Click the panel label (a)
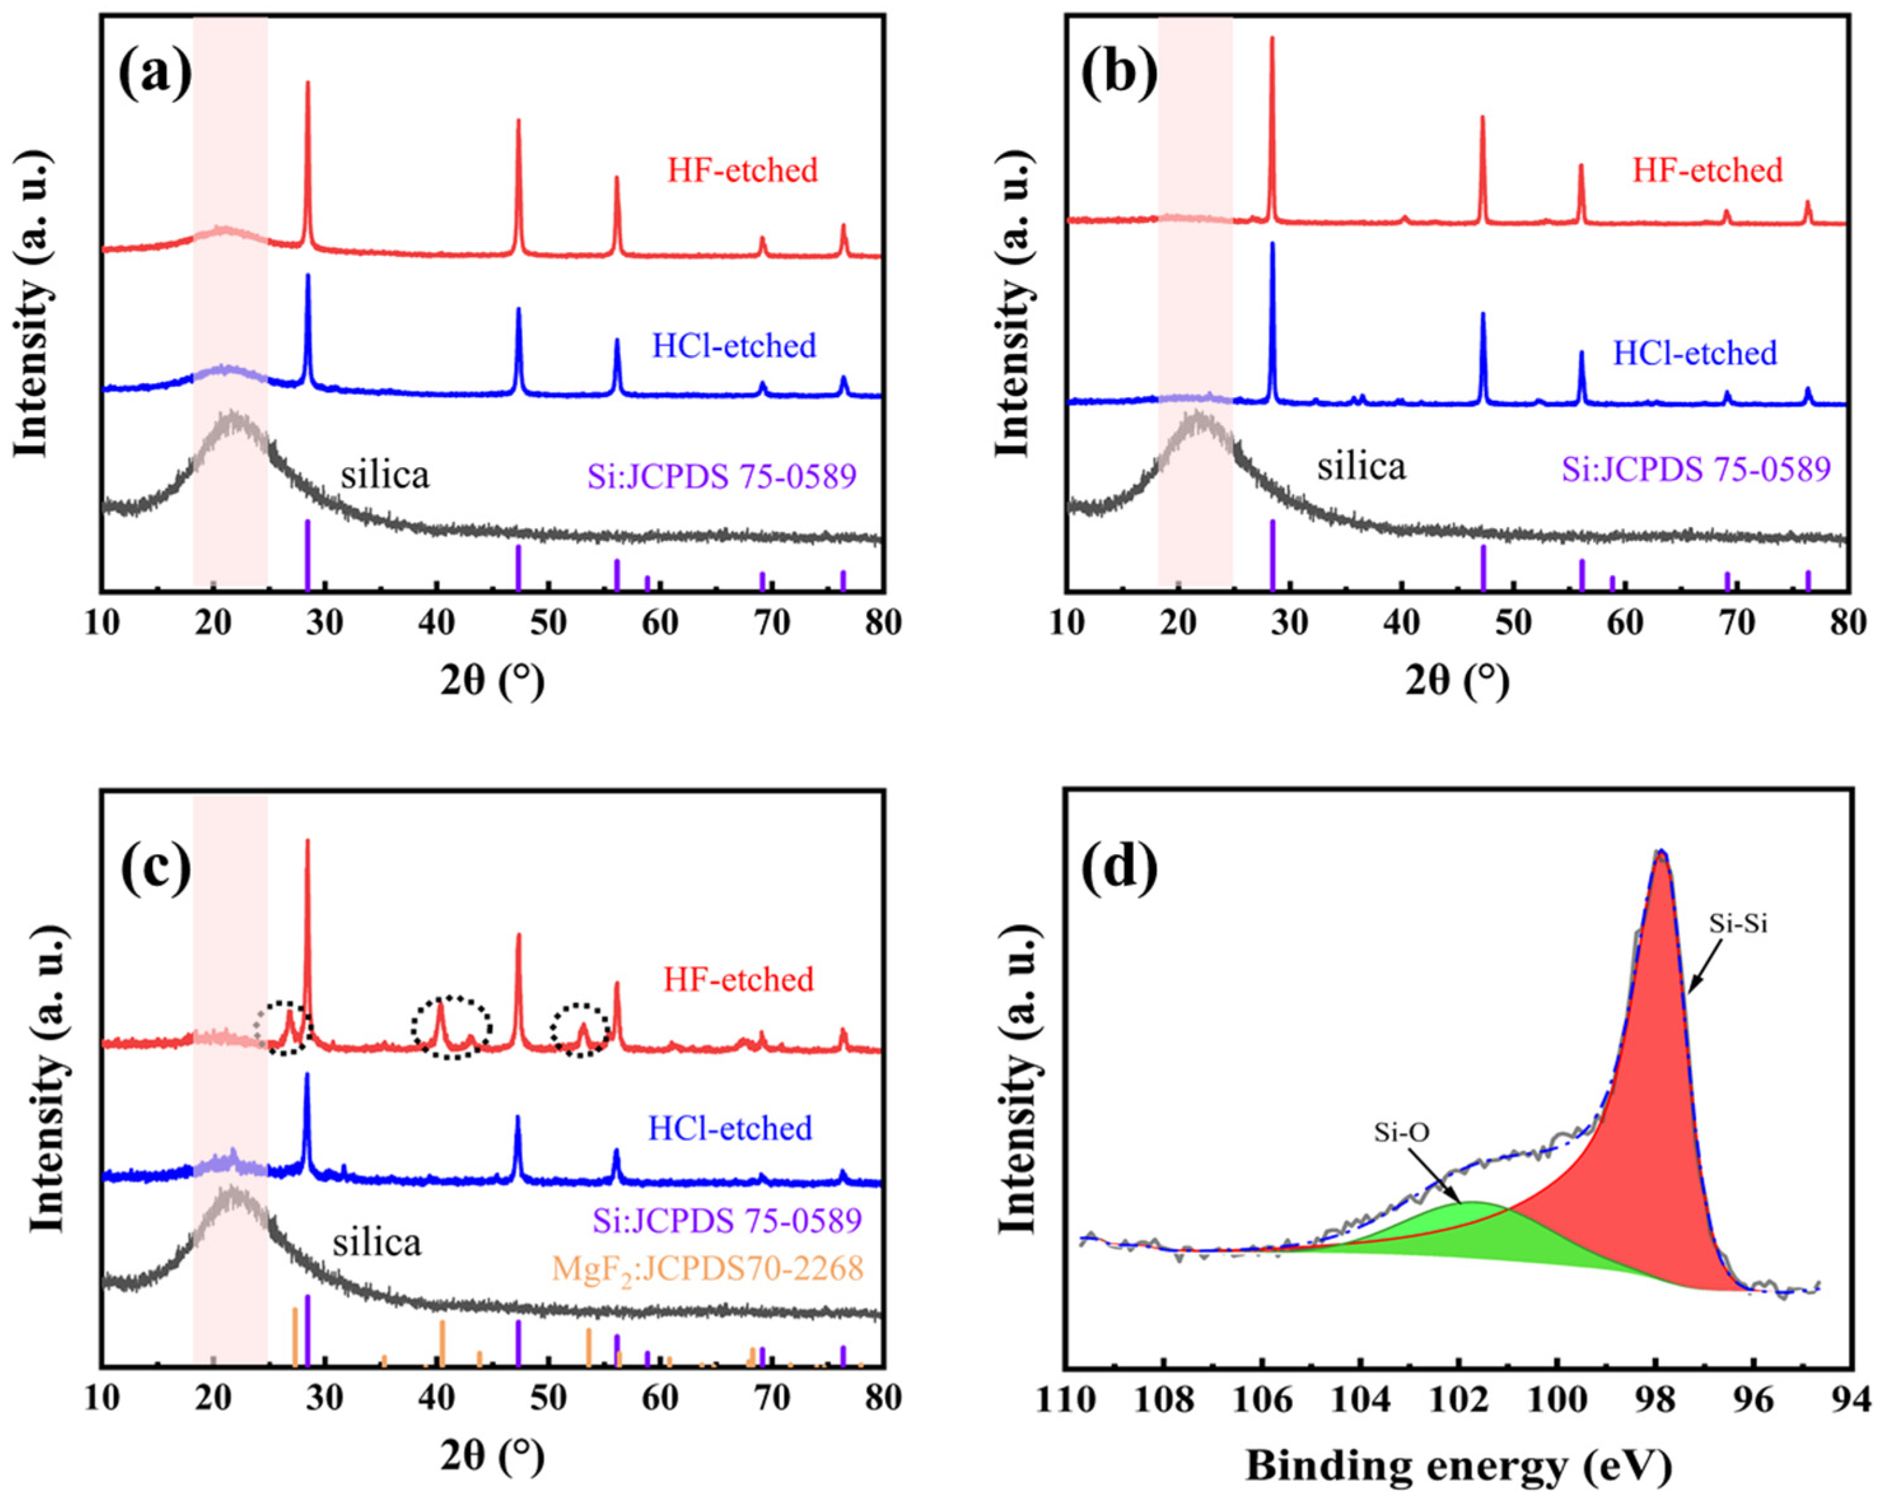(x=155, y=73)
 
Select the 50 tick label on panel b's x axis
(x=1513, y=622)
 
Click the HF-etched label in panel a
(x=743, y=171)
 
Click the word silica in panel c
(x=376, y=1242)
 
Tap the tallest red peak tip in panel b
(x=1272, y=38)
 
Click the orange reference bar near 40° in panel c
(x=442, y=1343)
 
